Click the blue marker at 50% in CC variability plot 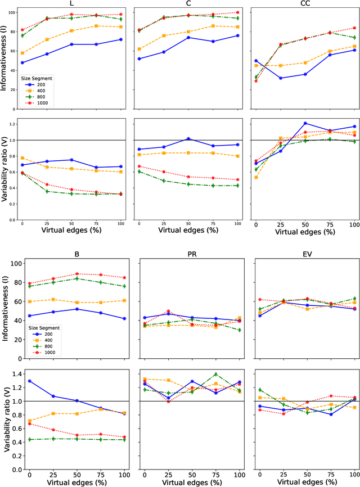[305, 123]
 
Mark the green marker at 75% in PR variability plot [214, 375]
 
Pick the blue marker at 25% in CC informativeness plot [280, 78]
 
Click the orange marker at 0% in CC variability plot [256, 177]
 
